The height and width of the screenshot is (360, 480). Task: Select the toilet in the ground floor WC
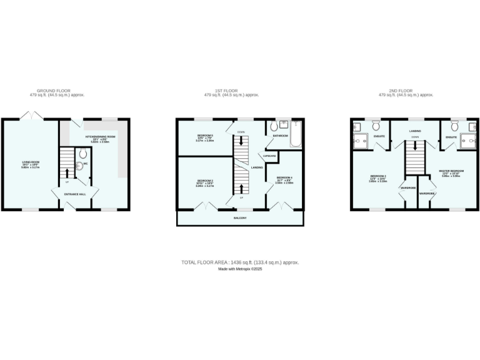click(82, 154)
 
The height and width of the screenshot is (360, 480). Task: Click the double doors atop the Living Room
click(30, 116)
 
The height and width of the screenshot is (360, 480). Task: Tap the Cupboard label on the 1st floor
click(269, 156)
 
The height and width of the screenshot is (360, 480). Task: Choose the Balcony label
click(240, 218)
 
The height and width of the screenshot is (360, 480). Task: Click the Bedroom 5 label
click(205, 136)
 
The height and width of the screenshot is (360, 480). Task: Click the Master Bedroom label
click(451, 171)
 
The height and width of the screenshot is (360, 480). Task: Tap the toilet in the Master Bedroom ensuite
click(454, 126)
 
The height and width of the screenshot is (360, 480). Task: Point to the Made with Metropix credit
click(239, 269)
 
